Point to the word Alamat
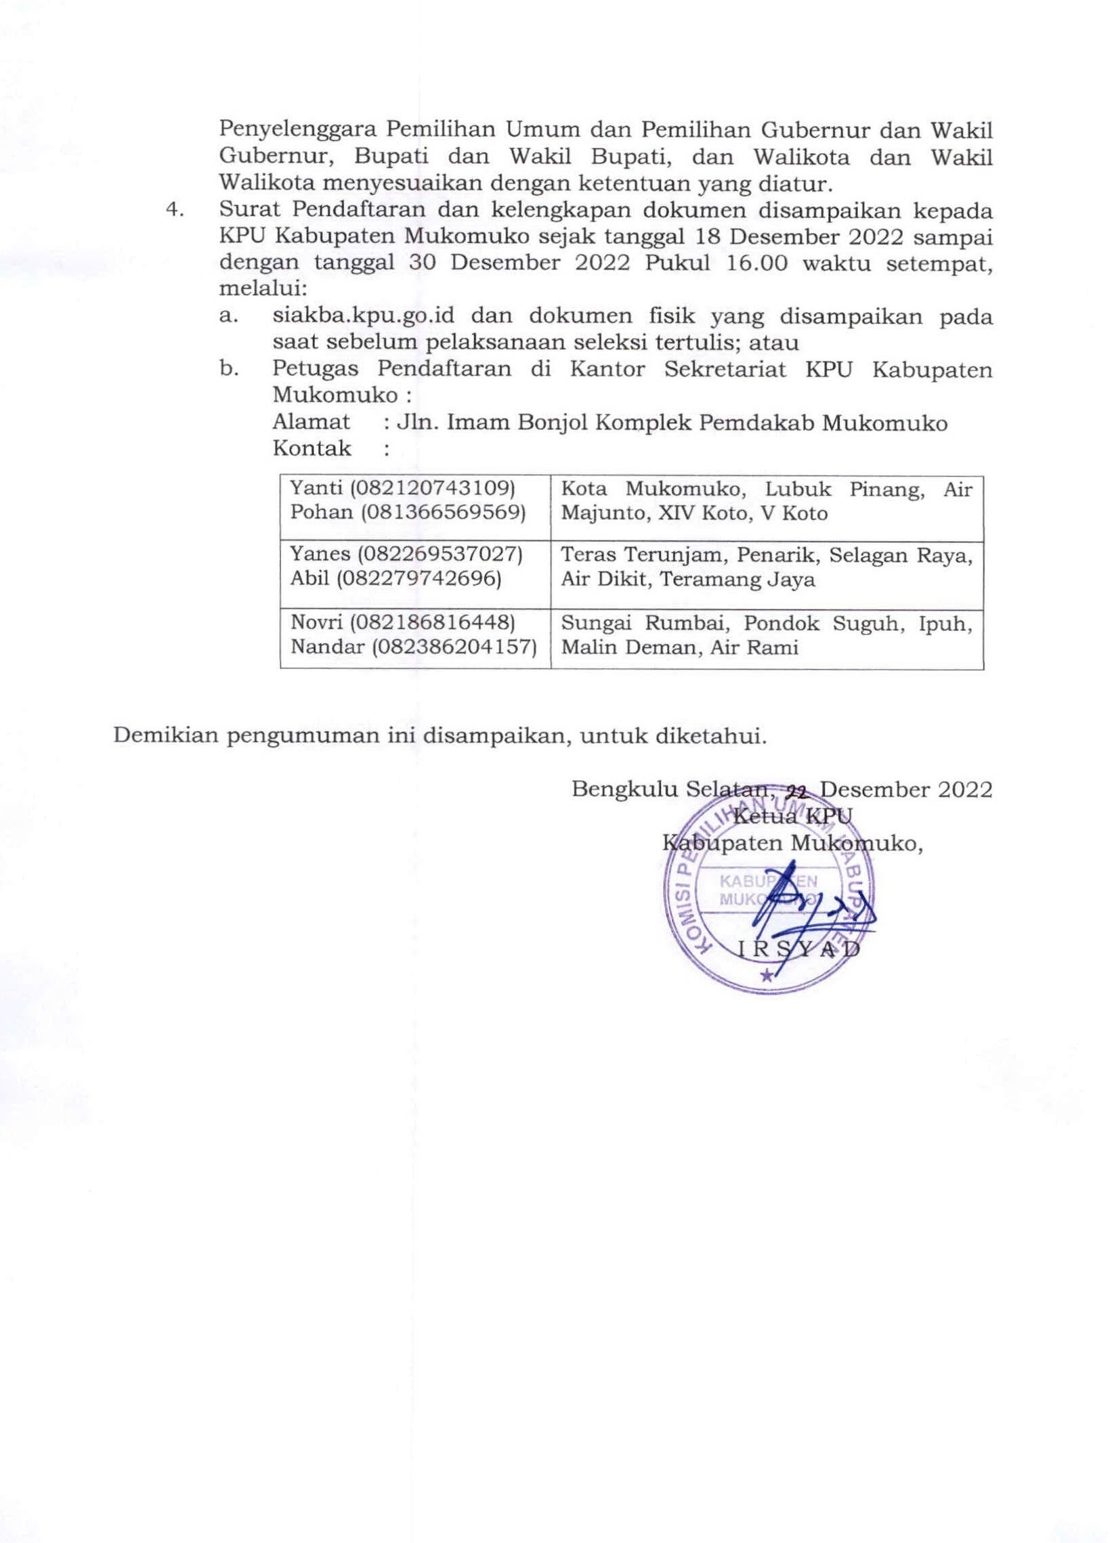311,422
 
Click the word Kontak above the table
311,448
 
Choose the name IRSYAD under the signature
798,949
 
